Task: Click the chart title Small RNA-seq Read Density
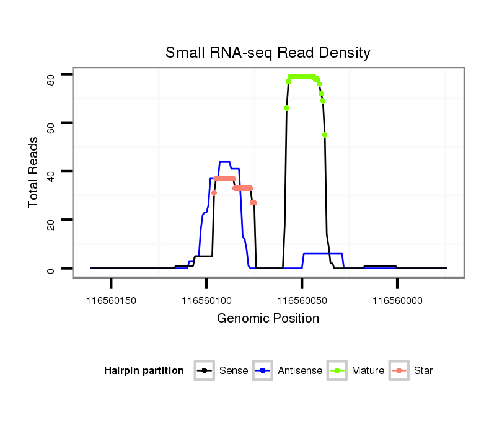(x=268, y=53)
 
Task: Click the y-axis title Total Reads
(x=34, y=172)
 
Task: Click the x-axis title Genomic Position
(x=268, y=319)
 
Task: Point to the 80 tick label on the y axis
(x=52, y=79)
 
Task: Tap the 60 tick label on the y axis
(x=52, y=127)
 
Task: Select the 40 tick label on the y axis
(x=52, y=176)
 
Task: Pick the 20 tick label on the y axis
(x=52, y=224)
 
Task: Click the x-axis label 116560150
(x=111, y=300)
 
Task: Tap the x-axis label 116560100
(x=206, y=300)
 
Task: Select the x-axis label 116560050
(x=302, y=300)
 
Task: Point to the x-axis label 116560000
(x=397, y=300)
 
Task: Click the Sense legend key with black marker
(x=204, y=371)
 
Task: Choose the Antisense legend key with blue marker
(x=263, y=371)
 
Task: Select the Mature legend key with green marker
(x=338, y=371)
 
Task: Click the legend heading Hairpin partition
(x=144, y=371)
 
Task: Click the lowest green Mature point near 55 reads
(x=325, y=135)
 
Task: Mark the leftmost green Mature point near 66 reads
(x=286, y=108)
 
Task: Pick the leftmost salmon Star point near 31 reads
(x=214, y=193)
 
